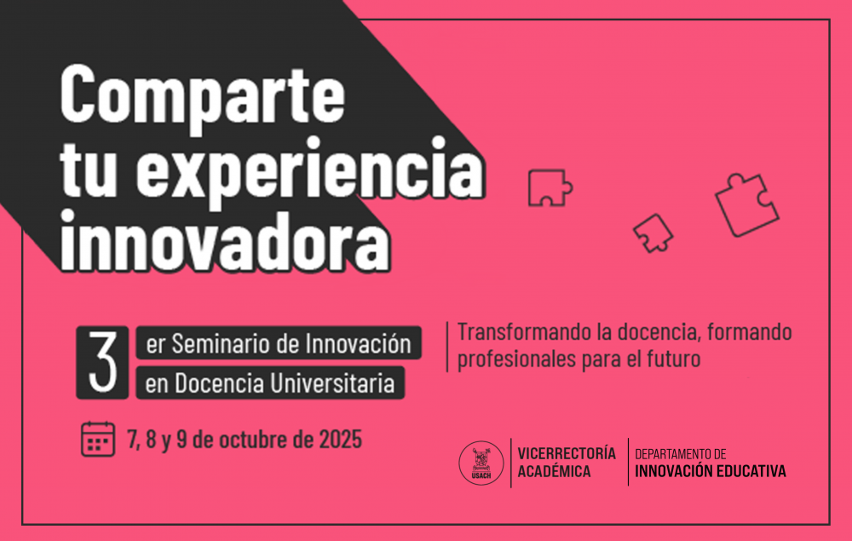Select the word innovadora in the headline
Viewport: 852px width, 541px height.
[225, 239]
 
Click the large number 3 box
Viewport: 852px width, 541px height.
[103, 362]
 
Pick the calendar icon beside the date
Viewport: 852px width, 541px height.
[98, 439]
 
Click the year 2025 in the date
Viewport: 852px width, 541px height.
[340, 440]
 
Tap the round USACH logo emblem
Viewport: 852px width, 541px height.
[481, 463]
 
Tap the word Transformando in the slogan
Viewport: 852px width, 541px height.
[524, 331]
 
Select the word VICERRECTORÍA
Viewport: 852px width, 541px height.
[567, 453]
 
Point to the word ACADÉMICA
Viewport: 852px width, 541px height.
[554, 471]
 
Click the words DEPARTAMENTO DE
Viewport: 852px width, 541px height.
[680, 454]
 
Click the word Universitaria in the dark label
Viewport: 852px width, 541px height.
[332, 383]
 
